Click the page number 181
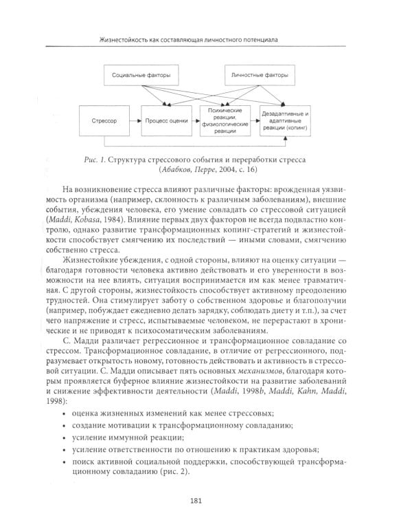click(x=205, y=501)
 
